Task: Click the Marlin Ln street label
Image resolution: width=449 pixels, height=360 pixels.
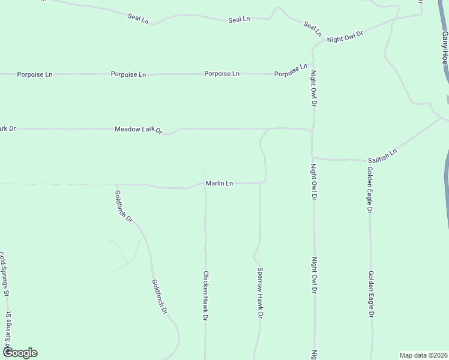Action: pyautogui.click(x=219, y=184)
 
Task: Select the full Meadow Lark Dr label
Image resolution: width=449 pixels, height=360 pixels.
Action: pyautogui.click(x=139, y=129)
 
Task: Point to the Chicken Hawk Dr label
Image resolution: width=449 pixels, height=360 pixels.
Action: pyautogui.click(x=205, y=295)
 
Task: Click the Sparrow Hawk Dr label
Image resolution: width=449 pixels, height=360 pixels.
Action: pyautogui.click(x=260, y=292)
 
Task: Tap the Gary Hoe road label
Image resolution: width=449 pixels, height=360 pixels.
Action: pyautogui.click(x=445, y=49)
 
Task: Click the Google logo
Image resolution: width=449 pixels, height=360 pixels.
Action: pyautogui.click(x=20, y=353)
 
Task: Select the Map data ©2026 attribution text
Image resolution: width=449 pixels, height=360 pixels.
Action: pyautogui.click(x=424, y=355)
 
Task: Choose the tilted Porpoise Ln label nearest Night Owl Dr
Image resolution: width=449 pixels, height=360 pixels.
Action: pyautogui.click(x=291, y=70)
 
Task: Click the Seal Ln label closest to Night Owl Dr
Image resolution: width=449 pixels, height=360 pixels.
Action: pyautogui.click(x=313, y=28)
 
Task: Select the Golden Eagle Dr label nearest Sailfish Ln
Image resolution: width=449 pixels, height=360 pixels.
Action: pyautogui.click(x=370, y=188)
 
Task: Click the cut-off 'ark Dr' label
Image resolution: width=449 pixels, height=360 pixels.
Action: pyautogui.click(x=7, y=128)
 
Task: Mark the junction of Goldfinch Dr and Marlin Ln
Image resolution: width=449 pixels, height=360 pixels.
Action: pyautogui.click(x=117, y=185)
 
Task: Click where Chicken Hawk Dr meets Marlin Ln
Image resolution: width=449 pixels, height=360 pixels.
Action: pyautogui.click(x=205, y=185)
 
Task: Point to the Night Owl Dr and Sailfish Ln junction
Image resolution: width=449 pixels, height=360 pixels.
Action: pyautogui.click(x=313, y=158)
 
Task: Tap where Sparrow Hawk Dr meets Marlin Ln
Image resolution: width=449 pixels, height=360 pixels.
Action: pyautogui.click(x=259, y=183)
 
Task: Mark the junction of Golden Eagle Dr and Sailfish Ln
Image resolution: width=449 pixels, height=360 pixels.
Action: pyautogui.click(x=368, y=160)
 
